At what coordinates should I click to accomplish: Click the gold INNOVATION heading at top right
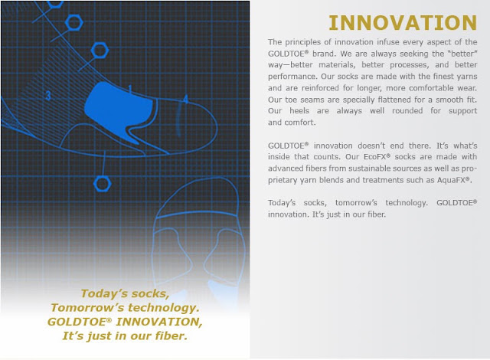[x=403, y=23]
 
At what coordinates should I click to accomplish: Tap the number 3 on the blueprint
[x=47, y=95]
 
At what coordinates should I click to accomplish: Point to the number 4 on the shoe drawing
[x=185, y=99]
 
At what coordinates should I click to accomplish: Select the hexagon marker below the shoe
[x=102, y=184]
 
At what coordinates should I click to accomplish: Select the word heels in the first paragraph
[x=299, y=111]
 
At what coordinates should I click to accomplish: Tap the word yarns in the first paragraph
[x=466, y=77]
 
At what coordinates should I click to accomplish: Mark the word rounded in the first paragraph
[x=407, y=111]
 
